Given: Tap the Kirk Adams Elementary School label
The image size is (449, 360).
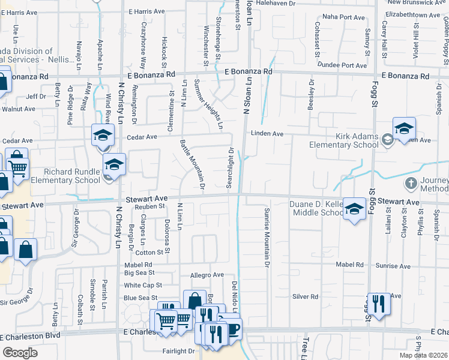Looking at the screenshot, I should pos(344,140).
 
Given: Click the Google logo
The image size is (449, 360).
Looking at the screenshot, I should pos(20,353).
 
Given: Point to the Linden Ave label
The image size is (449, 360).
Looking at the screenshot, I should pos(267,133).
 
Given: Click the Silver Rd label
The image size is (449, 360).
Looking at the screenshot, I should pos(305,296).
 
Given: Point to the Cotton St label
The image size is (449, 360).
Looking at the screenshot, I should pos(152,253).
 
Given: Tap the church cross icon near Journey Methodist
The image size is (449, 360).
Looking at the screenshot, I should pos(411,182).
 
